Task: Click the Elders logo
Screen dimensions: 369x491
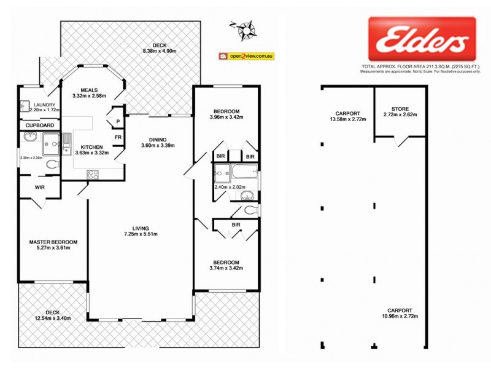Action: click(x=422, y=39)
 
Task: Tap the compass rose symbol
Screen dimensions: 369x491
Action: click(x=247, y=28)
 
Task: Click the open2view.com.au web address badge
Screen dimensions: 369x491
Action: click(x=245, y=57)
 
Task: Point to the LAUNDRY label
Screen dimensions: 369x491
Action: click(x=45, y=105)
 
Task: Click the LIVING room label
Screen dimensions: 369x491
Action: click(x=141, y=227)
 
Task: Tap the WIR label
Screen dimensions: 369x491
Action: click(x=40, y=187)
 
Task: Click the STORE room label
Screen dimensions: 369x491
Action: click(x=400, y=108)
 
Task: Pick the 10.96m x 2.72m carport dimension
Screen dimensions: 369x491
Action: click(x=400, y=317)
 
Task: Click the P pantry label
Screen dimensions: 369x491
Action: click(x=118, y=122)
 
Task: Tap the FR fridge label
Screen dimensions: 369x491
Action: click(x=118, y=137)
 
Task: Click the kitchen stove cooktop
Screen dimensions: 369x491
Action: click(x=93, y=174)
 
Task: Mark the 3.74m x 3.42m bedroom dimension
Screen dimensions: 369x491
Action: click(x=226, y=268)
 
